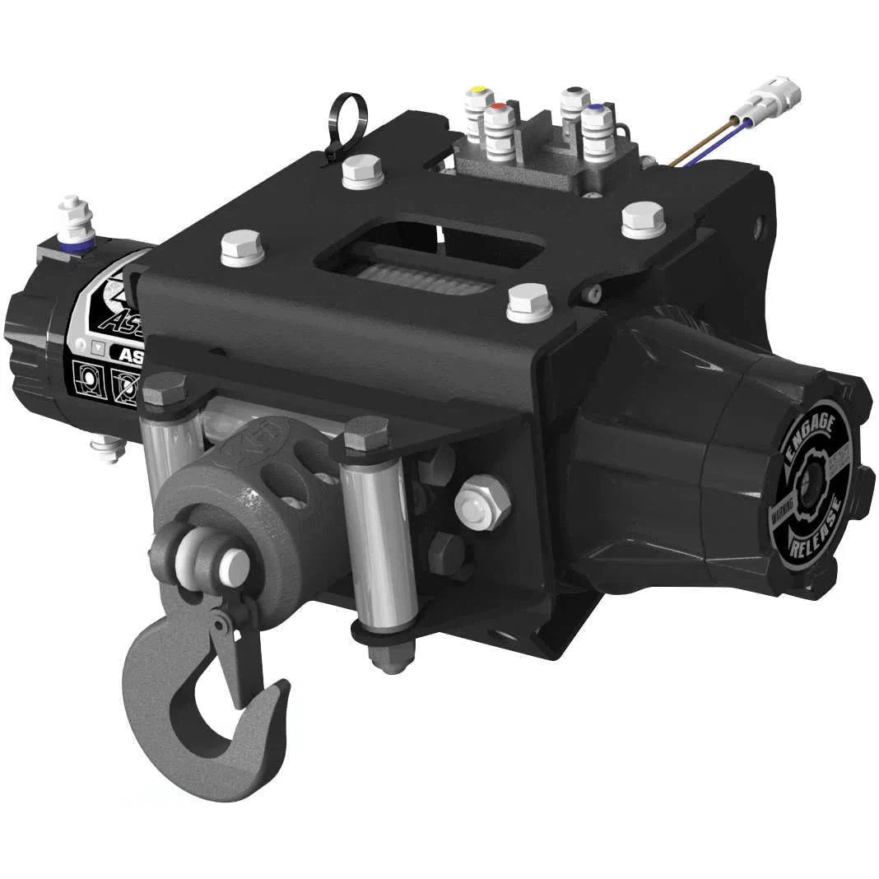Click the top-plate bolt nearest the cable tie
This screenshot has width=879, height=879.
click(361, 170)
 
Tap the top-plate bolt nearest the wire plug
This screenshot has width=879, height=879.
click(643, 218)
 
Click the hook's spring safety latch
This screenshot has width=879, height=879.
click(231, 650)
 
